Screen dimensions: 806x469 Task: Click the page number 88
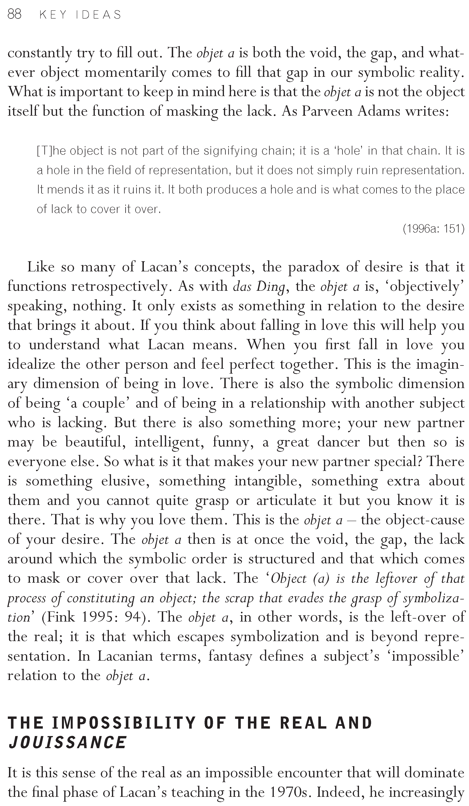14,14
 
